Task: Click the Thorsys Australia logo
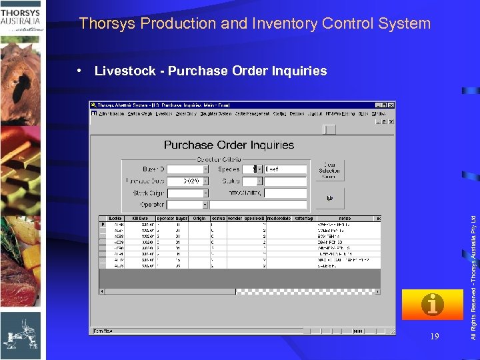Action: pyautogui.click(x=23, y=16)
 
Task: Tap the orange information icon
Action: pyautogui.click(x=433, y=305)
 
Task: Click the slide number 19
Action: pyautogui.click(x=435, y=337)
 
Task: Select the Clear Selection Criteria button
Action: pyautogui.click(x=329, y=170)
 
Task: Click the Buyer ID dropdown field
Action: pyautogui.click(x=187, y=169)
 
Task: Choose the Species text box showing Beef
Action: pyautogui.click(x=285, y=169)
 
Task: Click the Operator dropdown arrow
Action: pyautogui.click(x=205, y=205)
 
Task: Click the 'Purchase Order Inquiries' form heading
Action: pyautogui.click(x=229, y=145)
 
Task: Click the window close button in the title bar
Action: pyautogui.click(x=391, y=105)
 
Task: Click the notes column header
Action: pyautogui.click(x=344, y=218)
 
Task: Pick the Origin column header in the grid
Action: pyautogui.click(x=199, y=218)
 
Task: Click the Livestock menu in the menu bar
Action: pyautogui.click(x=163, y=113)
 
